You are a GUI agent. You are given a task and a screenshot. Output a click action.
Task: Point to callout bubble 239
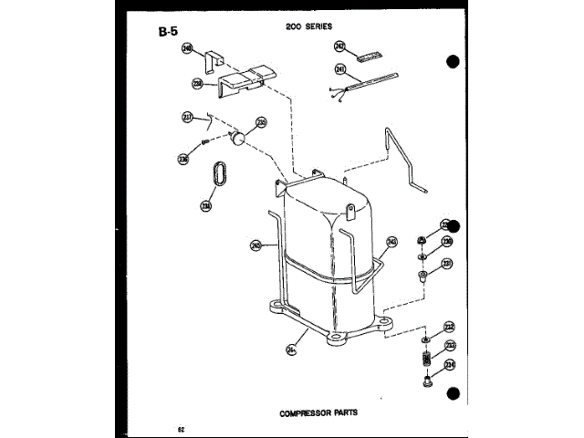[x=196, y=85]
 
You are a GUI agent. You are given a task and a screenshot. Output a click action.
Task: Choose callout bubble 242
[x=340, y=46]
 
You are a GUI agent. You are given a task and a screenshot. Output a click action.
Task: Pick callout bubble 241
[x=340, y=68]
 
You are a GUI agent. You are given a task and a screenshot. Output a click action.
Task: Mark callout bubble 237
[x=188, y=117]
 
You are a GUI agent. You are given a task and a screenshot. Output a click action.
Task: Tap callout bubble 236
[x=183, y=159]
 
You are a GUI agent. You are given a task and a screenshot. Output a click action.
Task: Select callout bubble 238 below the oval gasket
[x=206, y=205]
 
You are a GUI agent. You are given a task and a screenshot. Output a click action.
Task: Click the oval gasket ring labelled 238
[x=218, y=173]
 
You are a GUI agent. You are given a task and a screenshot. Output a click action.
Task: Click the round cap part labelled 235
[x=240, y=138]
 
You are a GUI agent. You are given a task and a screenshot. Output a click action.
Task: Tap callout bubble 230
[x=447, y=242]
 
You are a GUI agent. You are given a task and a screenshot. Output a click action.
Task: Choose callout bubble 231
[x=447, y=264]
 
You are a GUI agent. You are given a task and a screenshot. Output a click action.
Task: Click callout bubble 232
[x=449, y=327]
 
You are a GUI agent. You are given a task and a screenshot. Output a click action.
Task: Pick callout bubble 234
[x=450, y=366]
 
